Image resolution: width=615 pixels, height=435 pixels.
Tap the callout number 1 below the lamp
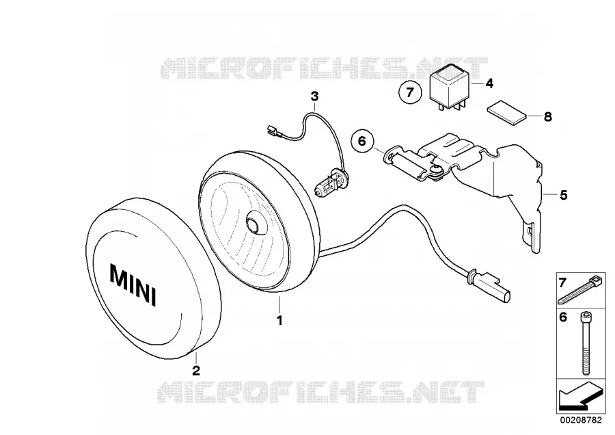[x=279, y=321]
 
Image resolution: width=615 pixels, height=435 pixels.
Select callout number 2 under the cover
[x=195, y=370]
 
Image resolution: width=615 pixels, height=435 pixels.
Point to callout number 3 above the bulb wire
[x=314, y=96]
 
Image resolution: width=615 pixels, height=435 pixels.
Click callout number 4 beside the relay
[x=489, y=83]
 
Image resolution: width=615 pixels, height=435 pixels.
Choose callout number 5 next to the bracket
[x=564, y=195]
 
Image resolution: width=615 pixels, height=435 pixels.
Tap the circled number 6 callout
[x=362, y=140]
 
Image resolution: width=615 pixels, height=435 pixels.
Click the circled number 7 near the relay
[x=410, y=92]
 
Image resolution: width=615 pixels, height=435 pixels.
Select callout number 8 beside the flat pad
[x=548, y=116]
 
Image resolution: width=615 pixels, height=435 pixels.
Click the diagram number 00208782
[x=580, y=420]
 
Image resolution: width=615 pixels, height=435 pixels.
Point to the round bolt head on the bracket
[x=435, y=170]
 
